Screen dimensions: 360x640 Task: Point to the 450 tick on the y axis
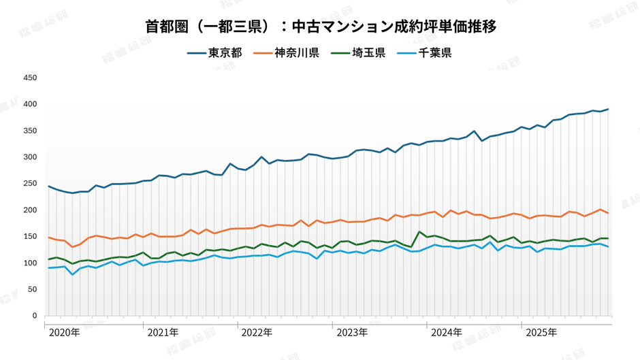[x=30, y=78]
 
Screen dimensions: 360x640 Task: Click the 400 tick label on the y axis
[x=30, y=104]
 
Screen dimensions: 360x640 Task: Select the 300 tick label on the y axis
[x=30, y=157]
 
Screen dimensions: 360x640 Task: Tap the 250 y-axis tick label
[x=30, y=184]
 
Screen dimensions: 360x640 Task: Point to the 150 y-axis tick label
[x=30, y=237]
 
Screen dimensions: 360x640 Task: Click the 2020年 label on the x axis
[x=65, y=333]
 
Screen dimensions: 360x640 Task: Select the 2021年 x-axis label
[x=163, y=333]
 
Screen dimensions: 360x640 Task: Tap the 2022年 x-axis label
[x=257, y=333]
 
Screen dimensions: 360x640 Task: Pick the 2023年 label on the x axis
[x=352, y=333]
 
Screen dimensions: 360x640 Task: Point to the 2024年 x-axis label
[x=447, y=333]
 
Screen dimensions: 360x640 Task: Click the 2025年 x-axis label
[x=541, y=333]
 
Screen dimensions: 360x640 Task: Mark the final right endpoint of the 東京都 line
[x=608, y=109]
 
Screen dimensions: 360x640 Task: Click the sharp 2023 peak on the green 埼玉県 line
[x=419, y=232]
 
